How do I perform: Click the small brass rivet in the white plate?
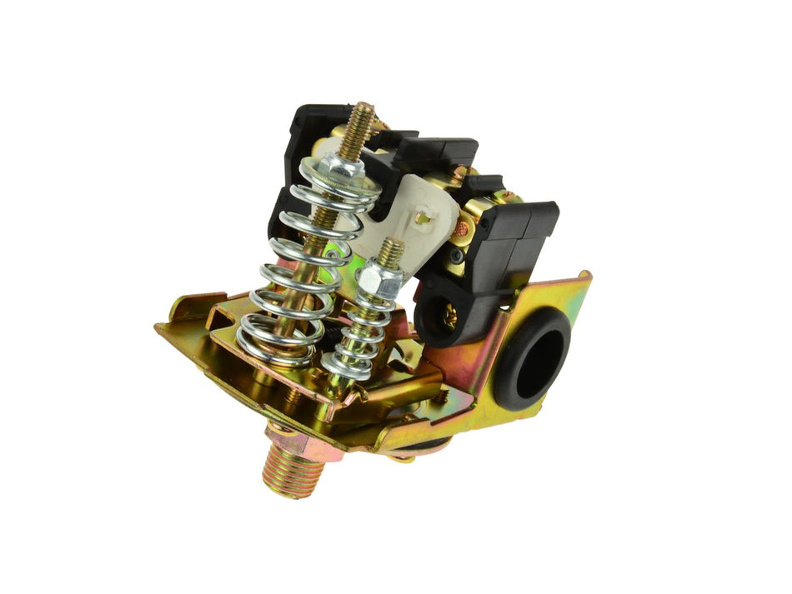coord(423,218)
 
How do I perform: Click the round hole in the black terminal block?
coord(440,312)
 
